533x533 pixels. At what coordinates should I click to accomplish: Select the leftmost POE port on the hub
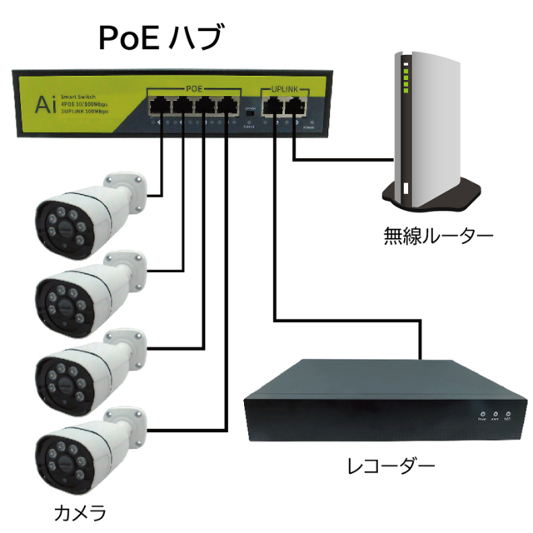pos(158,106)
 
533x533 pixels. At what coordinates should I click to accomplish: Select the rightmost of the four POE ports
pos(226,106)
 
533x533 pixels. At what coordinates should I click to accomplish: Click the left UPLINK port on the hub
pos(272,106)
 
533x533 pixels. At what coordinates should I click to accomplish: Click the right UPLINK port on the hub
pos(294,106)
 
